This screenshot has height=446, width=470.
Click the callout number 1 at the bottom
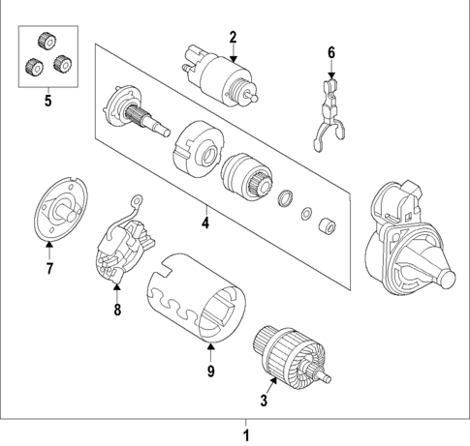pos(246,434)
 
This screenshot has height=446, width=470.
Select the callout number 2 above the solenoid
pos(233,38)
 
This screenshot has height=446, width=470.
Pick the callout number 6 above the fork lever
pos(330,51)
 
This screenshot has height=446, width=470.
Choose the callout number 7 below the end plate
pos(51,268)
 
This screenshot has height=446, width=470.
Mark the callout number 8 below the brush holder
pos(117,310)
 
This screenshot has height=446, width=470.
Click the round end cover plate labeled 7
pos(61,208)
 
